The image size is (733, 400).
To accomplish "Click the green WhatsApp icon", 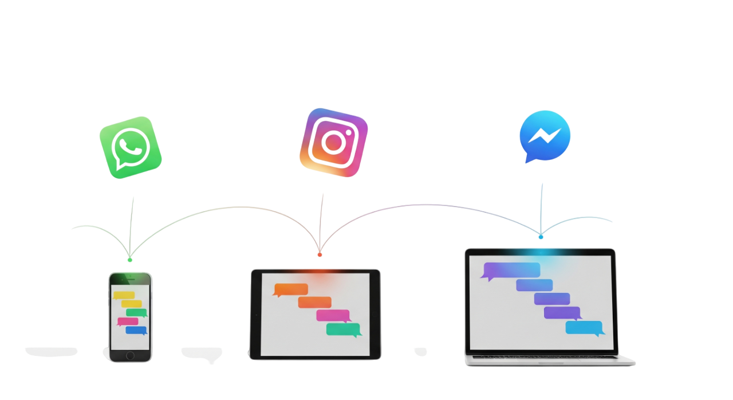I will click(130, 147).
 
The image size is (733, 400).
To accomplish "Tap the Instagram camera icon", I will click(333, 142).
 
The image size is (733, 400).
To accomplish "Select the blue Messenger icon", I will click(545, 136).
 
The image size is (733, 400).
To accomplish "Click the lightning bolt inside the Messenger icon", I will click(545, 135).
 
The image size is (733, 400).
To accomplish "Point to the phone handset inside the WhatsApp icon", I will click(131, 146).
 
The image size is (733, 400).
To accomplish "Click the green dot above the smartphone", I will click(130, 260).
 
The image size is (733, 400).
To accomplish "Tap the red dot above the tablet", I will click(320, 254).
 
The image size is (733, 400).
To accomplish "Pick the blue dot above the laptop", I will click(541, 237).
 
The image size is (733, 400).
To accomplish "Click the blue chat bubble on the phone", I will click(136, 330).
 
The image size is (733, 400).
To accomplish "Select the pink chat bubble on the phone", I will click(128, 321).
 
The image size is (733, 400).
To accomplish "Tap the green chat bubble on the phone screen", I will click(136, 313).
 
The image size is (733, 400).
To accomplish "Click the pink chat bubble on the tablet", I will click(333, 315).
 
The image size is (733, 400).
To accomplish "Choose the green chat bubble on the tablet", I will click(344, 330).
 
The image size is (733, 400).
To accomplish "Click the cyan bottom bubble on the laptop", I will click(584, 328).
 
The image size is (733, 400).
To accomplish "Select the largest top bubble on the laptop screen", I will click(511, 270).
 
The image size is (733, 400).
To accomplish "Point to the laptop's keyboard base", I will click(550, 359).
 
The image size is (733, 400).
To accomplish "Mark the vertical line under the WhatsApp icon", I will click(132, 226).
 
